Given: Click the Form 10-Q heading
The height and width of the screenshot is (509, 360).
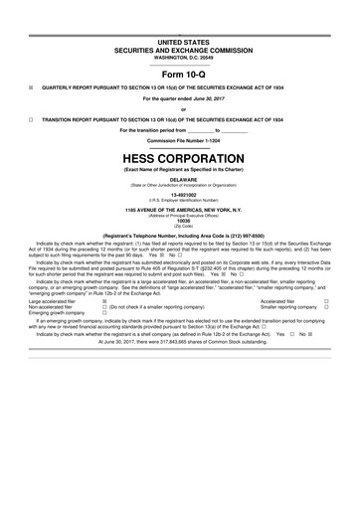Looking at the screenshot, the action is click(179, 74).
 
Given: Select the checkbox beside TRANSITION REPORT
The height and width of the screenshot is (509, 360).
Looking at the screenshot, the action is click(31, 118).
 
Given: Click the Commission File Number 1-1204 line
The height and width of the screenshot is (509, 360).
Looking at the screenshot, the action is click(179, 140).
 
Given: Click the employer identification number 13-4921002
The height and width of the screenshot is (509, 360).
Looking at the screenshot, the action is click(179, 196).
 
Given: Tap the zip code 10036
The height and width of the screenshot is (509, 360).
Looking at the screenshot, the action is click(179, 221).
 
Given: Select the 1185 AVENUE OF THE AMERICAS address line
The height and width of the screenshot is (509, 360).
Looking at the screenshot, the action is click(179, 211).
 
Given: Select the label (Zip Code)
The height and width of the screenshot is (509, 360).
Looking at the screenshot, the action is click(179, 226).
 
